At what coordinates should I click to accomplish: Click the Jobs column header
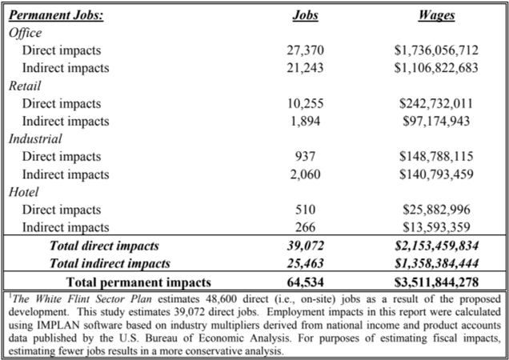coord(305,15)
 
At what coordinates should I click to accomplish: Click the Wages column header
coord(437,15)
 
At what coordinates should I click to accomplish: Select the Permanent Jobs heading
coord(56,15)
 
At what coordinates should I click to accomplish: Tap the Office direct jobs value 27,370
coord(305,50)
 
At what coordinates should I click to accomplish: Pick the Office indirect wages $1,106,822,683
coord(436,67)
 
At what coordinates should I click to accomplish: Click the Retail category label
coord(25,86)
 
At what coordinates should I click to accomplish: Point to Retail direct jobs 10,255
coord(305,103)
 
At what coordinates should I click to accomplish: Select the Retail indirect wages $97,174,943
coord(436,121)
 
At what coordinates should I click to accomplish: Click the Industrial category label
coord(35,138)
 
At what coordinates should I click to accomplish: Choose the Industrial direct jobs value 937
coord(305,157)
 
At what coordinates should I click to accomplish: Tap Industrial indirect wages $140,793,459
coord(436,174)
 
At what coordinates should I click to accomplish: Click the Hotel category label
coord(23,192)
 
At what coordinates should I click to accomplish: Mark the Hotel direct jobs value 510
coord(305,210)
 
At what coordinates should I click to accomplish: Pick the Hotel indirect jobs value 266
coord(305,227)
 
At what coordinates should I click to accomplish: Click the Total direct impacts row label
coord(104,246)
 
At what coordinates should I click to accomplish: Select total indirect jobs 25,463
coord(305,263)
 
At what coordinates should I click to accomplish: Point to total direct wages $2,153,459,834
coord(436,246)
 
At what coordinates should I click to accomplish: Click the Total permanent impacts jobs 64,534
coord(305,282)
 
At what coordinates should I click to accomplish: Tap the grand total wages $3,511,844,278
coord(436,282)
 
